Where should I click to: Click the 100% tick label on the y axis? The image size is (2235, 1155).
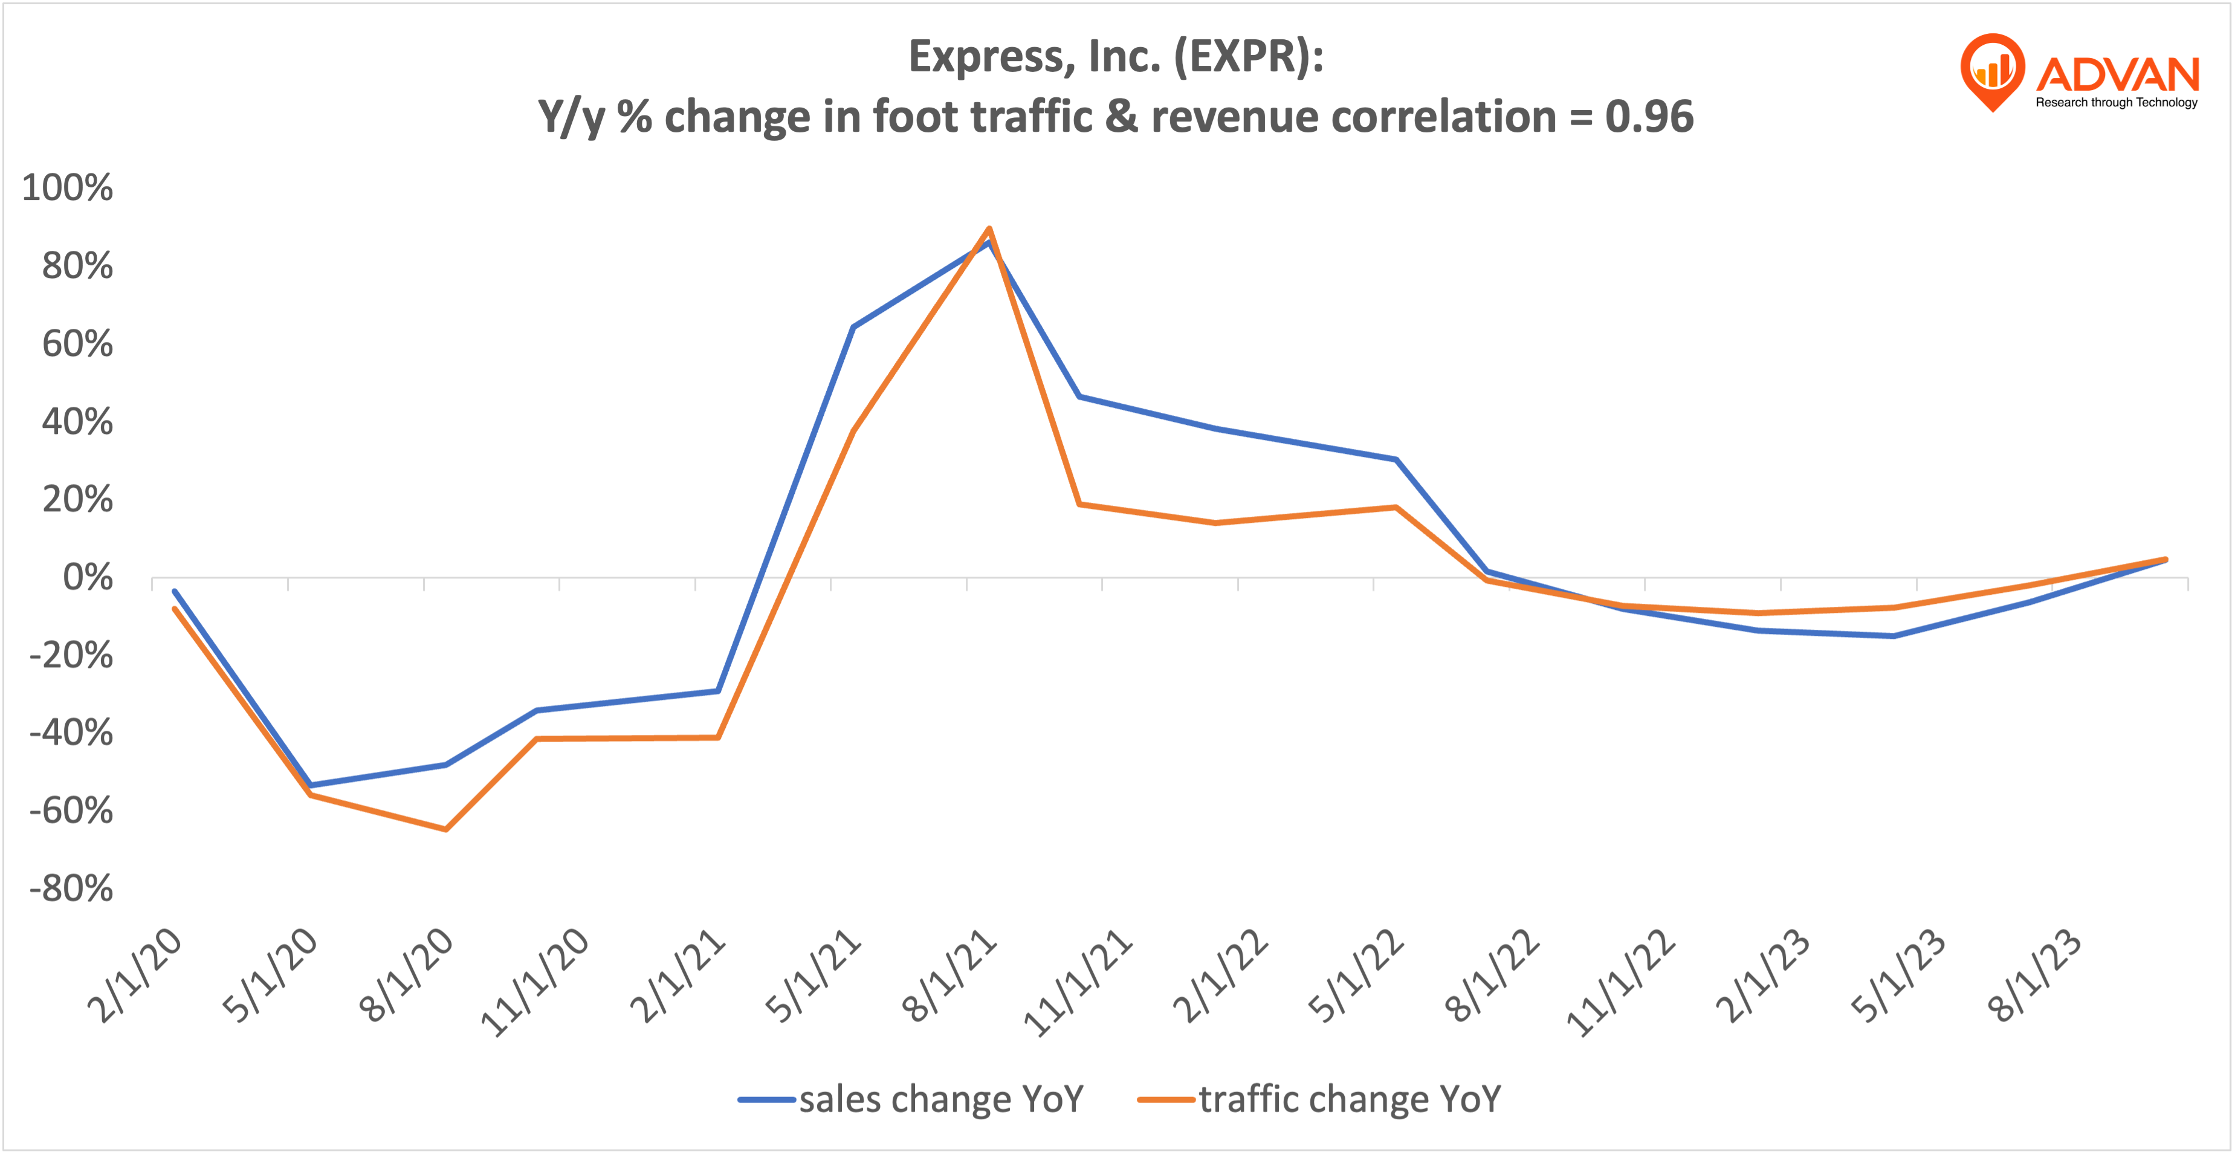67,189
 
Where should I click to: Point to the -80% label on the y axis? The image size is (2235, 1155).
71,888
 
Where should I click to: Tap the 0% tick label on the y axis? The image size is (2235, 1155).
88,577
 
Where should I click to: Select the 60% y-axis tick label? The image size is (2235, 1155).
77,344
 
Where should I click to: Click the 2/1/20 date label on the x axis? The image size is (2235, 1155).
135,975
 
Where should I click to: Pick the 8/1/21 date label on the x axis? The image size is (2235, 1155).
949,975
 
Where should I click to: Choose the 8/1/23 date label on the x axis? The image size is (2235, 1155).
2034,975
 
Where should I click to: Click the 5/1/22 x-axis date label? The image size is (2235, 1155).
1356,975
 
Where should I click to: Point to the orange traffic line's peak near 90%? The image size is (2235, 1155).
989,229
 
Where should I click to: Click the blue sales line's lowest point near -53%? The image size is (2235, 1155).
311,785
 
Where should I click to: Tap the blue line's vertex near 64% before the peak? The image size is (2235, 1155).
854,327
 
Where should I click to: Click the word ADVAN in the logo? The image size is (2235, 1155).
2117,74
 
